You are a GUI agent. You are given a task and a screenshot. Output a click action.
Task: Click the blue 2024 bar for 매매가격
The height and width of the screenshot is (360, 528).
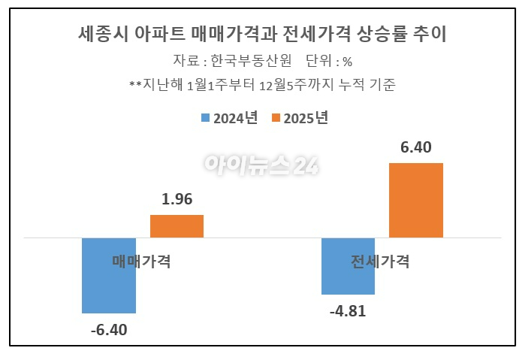(x=109, y=289)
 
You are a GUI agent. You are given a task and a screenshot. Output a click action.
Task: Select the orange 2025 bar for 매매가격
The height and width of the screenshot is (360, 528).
(x=177, y=226)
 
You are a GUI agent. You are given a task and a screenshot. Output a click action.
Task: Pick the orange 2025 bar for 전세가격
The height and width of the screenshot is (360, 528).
(x=416, y=200)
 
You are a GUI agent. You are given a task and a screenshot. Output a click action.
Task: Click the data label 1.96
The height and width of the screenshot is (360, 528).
(x=177, y=200)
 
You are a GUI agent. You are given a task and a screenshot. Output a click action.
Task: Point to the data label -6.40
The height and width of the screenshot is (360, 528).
(x=109, y=329)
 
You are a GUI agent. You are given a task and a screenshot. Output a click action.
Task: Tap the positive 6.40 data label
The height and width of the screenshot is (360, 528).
(x=416, y=147)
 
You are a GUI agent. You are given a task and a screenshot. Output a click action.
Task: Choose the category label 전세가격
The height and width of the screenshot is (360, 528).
(x=380, y=262)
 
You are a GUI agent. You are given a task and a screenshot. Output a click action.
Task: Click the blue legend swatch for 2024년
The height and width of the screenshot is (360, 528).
(x=205, y=118)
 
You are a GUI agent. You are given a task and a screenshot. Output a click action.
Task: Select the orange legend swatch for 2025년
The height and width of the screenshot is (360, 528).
(x=276, y=118)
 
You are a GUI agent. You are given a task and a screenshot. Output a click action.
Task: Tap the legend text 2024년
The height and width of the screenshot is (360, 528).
(x=236, y=118)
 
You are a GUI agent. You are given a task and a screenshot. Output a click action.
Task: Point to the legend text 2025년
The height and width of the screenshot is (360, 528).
(x=306, y=118)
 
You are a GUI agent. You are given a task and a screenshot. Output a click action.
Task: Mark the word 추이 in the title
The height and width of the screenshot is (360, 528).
(x=439, y=34)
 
